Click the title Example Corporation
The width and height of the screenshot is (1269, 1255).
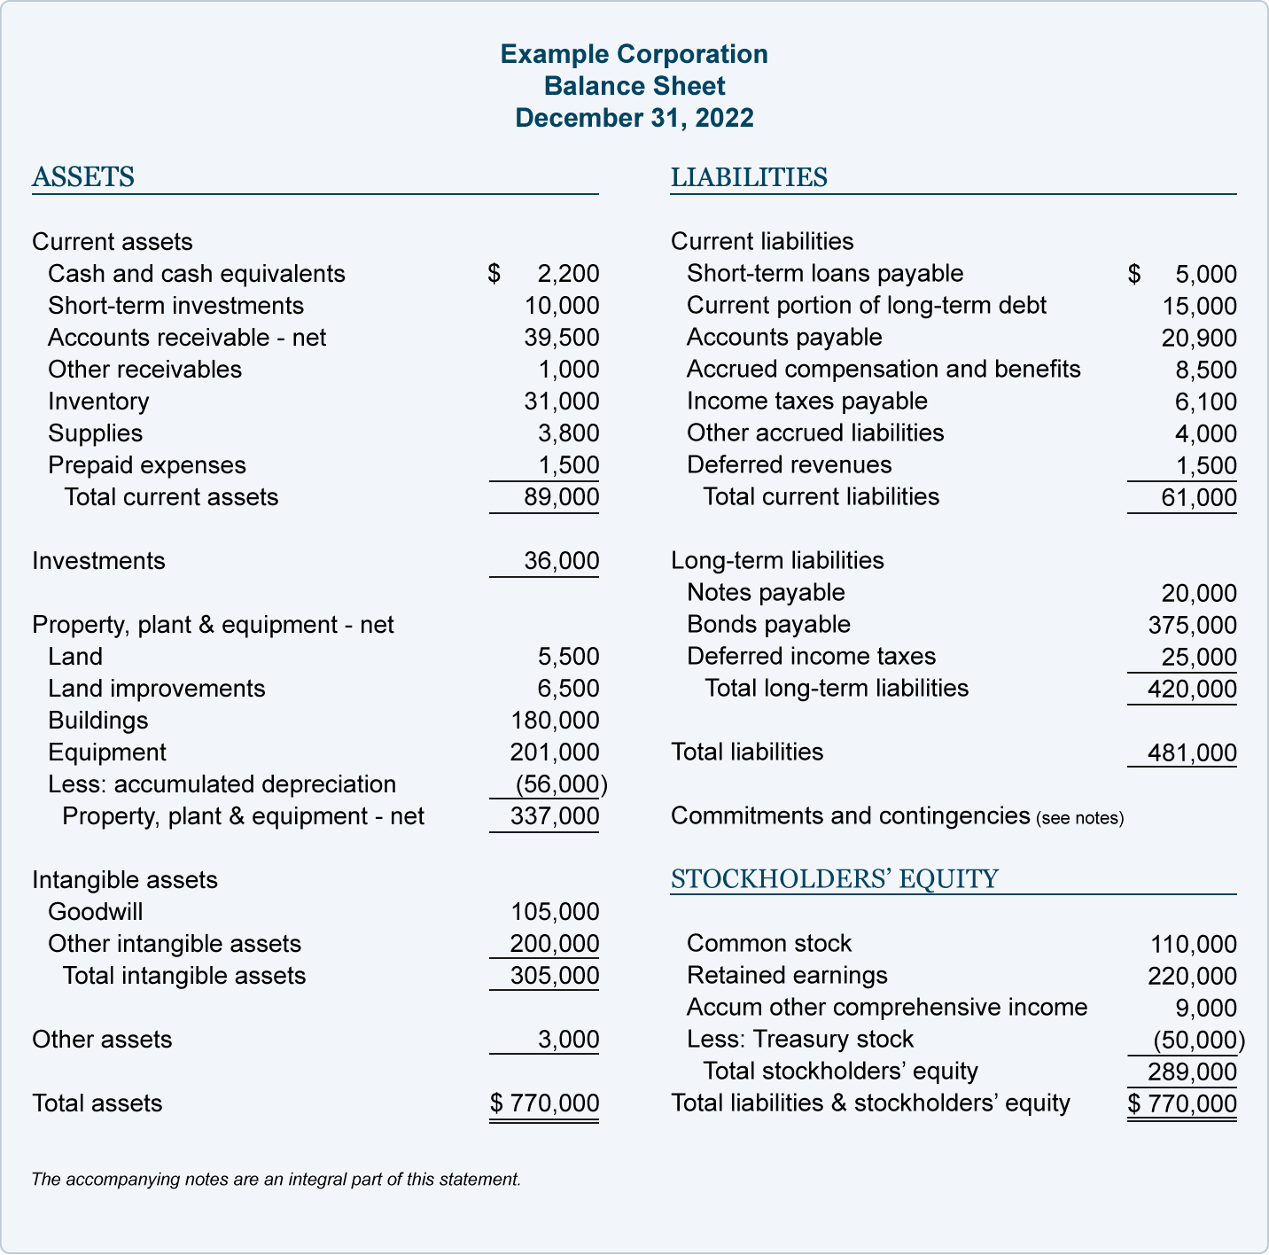[x=634, y=54]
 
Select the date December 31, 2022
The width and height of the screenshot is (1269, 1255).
[x=634, y=118]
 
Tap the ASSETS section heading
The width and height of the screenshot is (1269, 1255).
[x=83, y=177]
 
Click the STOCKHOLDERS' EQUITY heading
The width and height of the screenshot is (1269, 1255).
[x=834, y=879]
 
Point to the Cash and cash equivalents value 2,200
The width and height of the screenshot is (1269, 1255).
[x=568, y=274]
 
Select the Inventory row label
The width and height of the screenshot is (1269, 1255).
[x=98, y=401]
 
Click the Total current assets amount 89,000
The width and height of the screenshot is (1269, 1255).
[x=561, y=497]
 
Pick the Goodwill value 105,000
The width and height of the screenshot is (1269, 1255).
[x=555, y=912]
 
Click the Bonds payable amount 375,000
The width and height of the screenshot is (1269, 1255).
[x=1192, y=626]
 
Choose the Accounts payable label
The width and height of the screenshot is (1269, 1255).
[x=784, y=338]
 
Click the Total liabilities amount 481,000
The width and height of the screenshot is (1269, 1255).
[x=1192, y=753]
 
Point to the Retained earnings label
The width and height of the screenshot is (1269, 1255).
[x=787, y=976]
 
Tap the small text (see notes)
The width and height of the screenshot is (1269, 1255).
[x=1079, y=818]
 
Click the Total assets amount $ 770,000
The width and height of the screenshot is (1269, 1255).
[x=545, y=1103]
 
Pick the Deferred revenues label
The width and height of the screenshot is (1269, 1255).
[x=789, y=465]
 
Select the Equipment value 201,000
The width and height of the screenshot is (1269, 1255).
[x=555, y=752]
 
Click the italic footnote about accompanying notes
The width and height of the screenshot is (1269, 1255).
[x=276, y=1180]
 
